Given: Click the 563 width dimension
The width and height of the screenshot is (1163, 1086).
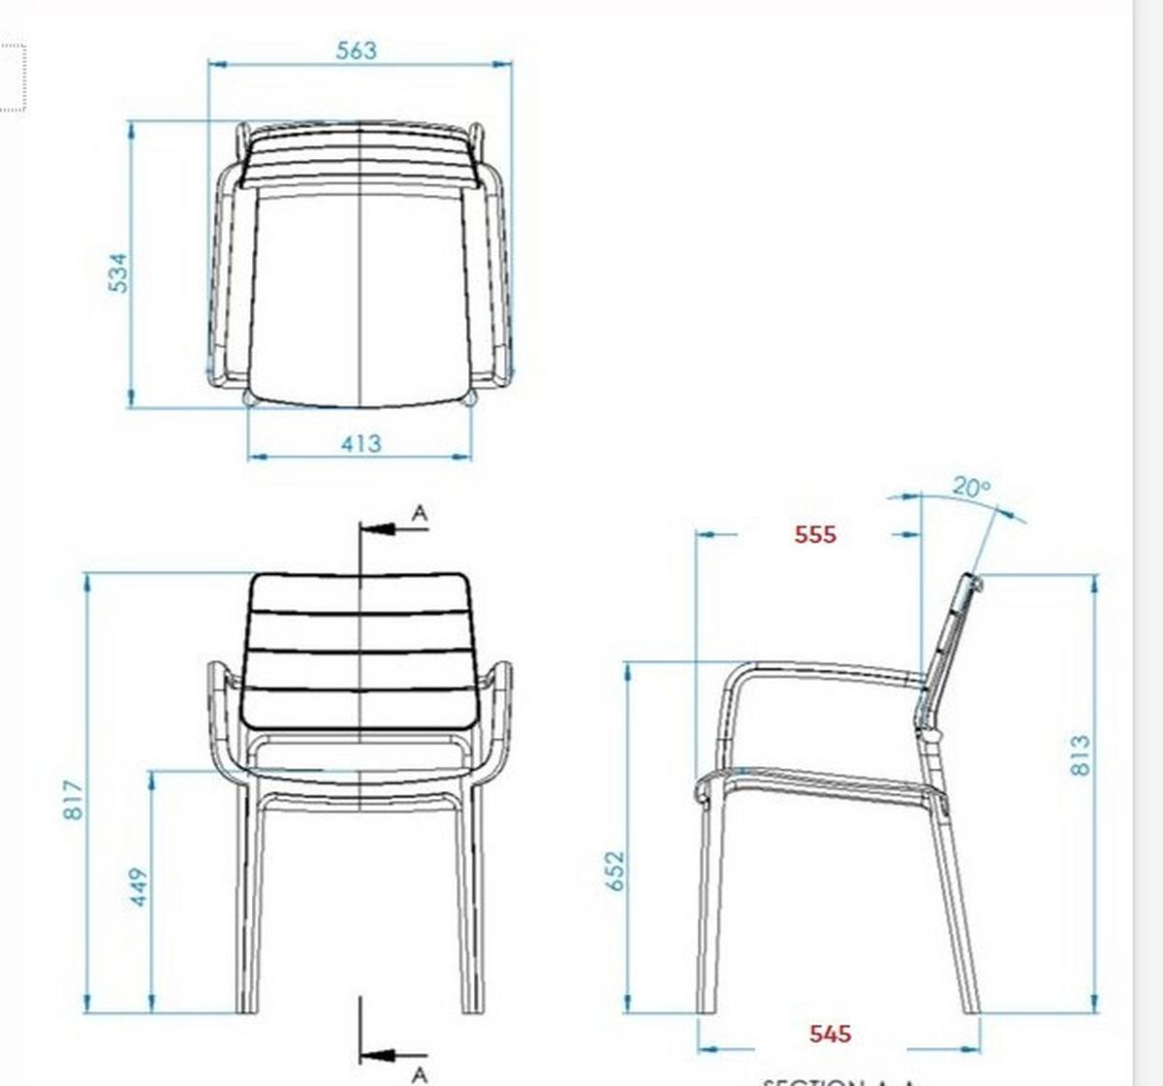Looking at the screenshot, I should [356, 50].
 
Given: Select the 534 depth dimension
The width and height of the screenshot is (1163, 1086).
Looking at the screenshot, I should [117, 272].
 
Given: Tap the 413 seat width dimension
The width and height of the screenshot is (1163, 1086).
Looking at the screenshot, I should [361, 443].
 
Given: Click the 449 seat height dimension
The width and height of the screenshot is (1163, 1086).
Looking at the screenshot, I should [140, 887].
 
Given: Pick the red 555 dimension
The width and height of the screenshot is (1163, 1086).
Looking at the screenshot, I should [814, 534].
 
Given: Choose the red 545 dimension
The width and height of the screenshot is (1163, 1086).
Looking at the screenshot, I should [830, 1034].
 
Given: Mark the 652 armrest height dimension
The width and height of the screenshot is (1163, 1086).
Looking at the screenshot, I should [613, 871].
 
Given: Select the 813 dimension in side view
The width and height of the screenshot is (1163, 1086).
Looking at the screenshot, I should [1081, 755].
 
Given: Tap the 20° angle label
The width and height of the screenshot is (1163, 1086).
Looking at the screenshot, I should [970, 487].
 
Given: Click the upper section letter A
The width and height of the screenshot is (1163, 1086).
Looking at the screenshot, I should [419, 513].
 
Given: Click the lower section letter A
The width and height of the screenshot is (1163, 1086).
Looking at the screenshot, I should [419, 1073].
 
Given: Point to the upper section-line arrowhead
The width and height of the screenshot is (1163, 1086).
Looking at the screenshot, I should [380, 529].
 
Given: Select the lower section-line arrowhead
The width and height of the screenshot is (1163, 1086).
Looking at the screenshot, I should [380, 1054].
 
